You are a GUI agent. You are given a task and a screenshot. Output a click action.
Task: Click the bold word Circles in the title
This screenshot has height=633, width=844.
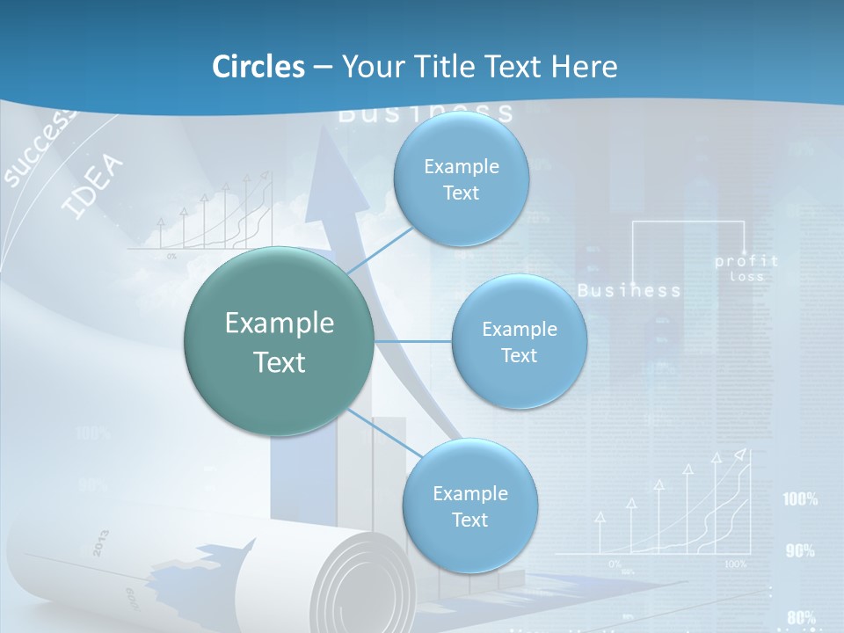pos(258,67)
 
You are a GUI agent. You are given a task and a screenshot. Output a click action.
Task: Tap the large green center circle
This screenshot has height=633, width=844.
pos(279,342)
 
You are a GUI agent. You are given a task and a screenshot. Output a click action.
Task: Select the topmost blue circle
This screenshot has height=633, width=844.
pos(461,179)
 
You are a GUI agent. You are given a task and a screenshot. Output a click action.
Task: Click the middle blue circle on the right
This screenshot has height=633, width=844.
pos(519,342)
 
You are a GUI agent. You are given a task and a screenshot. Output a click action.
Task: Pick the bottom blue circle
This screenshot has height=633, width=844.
pos(469,506)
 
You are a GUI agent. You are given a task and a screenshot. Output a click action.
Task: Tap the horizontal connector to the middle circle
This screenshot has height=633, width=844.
pos(413,341)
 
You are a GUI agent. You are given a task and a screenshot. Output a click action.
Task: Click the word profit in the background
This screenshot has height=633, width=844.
pos(746,261)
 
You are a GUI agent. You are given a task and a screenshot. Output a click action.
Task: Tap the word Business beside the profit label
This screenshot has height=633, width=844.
pos(629,290)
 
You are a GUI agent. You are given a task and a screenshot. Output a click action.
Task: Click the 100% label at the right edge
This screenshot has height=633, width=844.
pos(800,499)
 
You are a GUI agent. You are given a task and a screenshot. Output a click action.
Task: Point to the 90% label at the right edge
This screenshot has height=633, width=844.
pos(800,551)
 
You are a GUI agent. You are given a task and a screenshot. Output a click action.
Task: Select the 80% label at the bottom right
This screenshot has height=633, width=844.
pos(801,617)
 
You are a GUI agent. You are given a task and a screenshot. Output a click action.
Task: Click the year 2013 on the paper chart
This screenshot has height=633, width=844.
pos(100,543)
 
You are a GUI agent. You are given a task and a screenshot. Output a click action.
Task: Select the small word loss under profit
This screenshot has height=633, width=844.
pos(746,277)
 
